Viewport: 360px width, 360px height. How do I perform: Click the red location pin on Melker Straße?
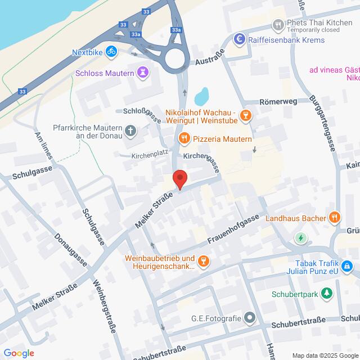pyautogui.click(x=179, y=179)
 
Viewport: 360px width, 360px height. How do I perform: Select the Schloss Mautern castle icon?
pyautogui.click(x=144, y=73)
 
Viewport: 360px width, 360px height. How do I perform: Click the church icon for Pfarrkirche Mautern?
pyautogui.click(x=130, y=132)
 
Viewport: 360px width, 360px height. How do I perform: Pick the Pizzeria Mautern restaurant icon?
pyautogui.click(x=183, y=138)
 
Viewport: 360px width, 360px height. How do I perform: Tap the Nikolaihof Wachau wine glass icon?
pyautogui.click(x=245, y=116)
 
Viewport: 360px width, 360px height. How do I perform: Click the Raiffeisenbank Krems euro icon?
pyautogui.click(x=240, y=39)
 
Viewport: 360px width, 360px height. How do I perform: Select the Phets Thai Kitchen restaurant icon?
pyautogui.click(x=277, y=24)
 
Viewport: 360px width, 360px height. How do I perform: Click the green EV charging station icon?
pyautogui.click(x=301, y=238)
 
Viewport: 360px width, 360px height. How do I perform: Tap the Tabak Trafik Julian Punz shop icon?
pyautogui.click(x=349, y=264)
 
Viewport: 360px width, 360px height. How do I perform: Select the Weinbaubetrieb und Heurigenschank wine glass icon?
pyautogui.click(x=205, y=260)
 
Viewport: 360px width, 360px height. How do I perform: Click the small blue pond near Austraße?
pyautogui.click(x=201, y=94)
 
